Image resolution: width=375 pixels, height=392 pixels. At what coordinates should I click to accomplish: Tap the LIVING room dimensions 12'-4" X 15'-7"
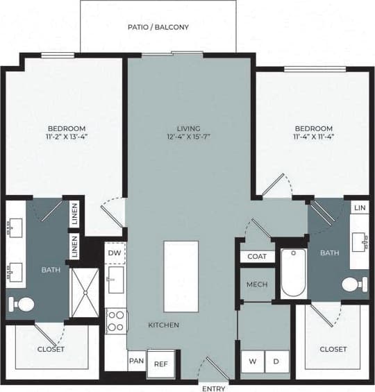click(x=188, y=137)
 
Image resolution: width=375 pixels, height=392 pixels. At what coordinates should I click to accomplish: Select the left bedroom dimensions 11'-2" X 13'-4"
click(x=67, y=137)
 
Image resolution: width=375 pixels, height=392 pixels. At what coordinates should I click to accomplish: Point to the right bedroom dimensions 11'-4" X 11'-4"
click(x=313, y=137)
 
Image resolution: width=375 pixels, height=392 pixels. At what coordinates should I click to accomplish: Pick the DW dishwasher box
click(x=115, y=254)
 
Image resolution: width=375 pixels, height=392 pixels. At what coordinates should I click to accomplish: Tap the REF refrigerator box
click(x=161, y=364)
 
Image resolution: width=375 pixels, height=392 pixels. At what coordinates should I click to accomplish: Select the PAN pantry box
click(x=136, y=361)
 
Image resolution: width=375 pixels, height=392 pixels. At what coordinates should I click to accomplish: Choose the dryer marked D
click(x=276, y=361)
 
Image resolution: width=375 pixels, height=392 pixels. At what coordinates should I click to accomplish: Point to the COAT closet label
click(x=257, y=257)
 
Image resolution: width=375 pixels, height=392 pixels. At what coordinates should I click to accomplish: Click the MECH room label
click(x=257, y=285)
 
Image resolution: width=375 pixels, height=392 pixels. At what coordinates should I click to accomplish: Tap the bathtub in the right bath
click(x=293, y=272)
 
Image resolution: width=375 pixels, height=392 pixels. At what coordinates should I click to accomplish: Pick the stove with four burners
click(x=116, y=321)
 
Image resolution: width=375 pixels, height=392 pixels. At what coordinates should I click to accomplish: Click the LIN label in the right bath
click(x=359, y=208)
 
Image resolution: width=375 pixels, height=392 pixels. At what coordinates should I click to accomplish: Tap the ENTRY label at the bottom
click(x=213, y=386)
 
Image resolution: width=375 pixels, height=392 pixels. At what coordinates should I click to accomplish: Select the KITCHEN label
click(x=164, y=325)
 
